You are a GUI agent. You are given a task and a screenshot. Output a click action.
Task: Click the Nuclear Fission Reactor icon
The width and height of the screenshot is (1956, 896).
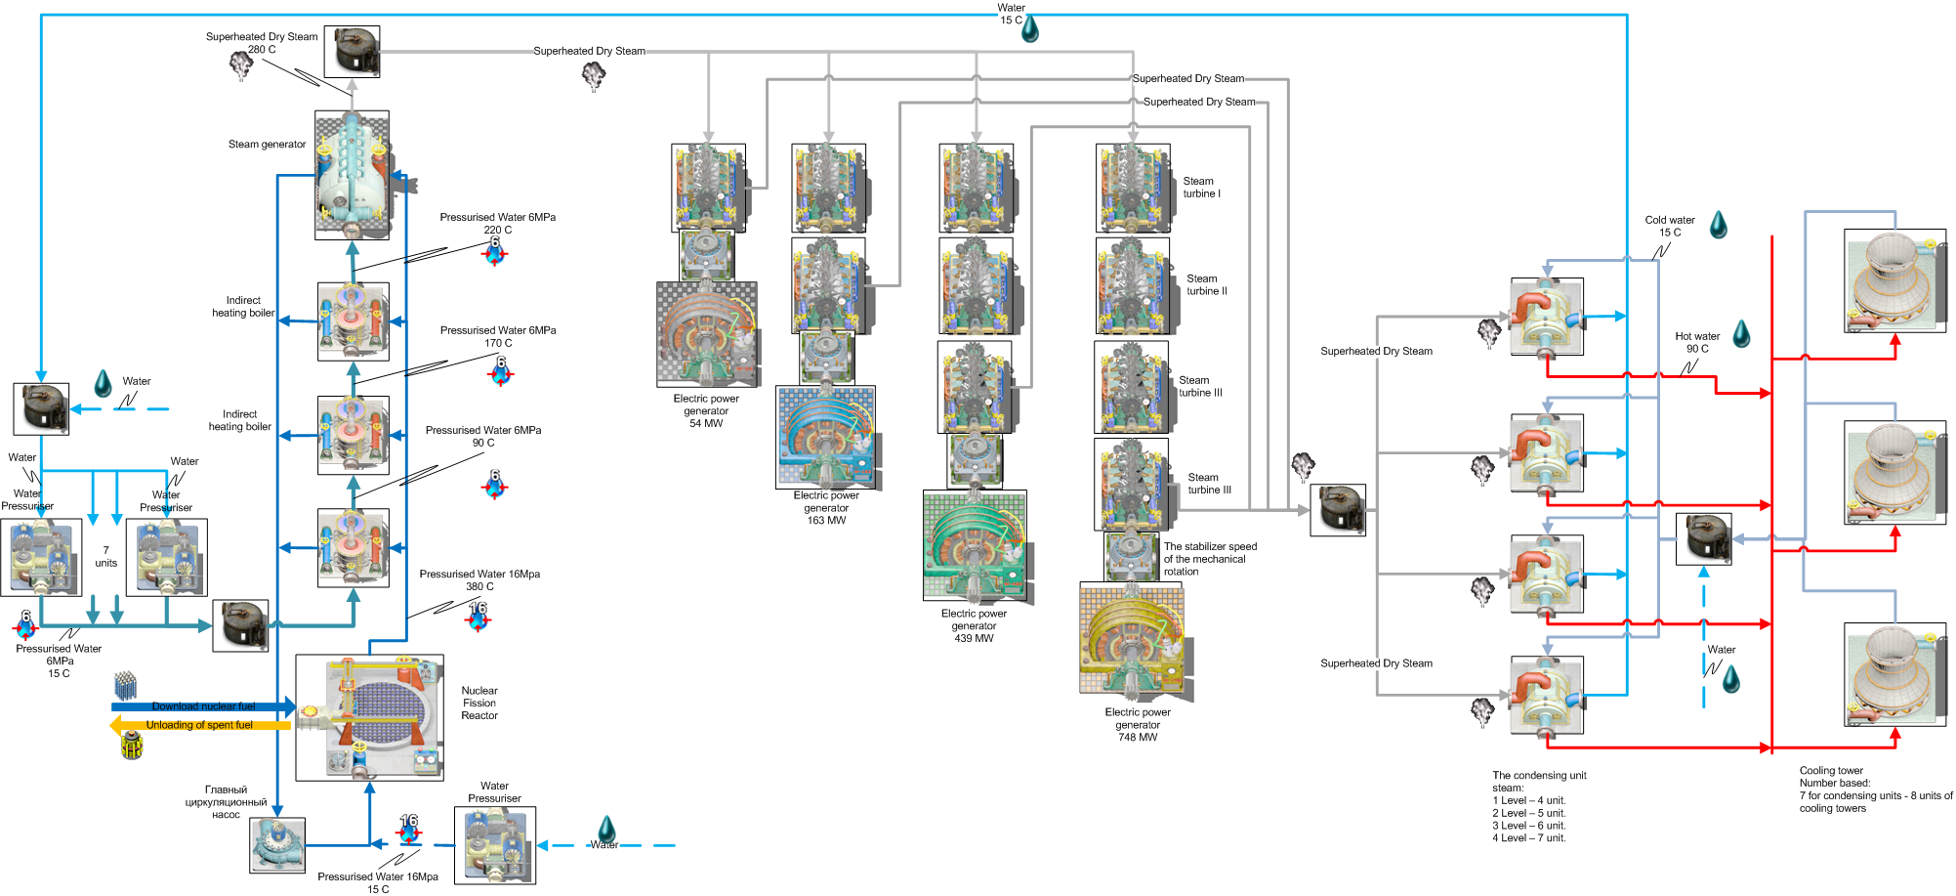(369, 717)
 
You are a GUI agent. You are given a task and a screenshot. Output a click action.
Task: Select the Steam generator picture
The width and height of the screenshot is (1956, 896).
(352, 175)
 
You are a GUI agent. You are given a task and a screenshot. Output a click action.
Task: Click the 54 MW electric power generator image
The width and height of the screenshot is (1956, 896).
(707, 334)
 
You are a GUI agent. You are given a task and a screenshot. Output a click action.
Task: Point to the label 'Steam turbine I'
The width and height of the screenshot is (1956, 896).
(1201, 188)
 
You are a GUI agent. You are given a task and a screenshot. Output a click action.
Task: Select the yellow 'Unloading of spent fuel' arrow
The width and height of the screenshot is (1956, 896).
(199, 725)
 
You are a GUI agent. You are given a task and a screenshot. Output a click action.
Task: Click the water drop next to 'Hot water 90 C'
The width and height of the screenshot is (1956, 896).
(1741, 335)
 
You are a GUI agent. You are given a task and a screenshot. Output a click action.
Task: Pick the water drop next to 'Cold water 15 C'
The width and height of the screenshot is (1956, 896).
(1719, 226)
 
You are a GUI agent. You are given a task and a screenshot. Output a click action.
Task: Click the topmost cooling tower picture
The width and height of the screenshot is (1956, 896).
(1894, 280)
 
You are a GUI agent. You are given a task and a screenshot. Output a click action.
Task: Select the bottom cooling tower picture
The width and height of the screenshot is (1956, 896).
(1894, 674)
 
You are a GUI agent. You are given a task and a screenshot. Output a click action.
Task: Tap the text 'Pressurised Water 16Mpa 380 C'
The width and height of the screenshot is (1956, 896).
(479, 580)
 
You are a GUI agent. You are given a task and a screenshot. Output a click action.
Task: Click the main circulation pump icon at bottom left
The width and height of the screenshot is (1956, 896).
(277, 844)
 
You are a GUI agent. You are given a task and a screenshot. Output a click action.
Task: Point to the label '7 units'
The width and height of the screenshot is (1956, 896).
(105, 557)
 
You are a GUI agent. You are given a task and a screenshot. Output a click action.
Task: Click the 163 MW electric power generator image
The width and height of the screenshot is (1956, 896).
(826, 437)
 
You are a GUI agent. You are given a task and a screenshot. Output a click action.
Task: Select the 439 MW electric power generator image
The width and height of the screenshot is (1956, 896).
(975, 545)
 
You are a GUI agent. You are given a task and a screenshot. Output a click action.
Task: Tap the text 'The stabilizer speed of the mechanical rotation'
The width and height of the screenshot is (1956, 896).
(1209, 559)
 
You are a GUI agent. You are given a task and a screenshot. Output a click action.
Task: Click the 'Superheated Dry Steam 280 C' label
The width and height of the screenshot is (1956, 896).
(262, 43)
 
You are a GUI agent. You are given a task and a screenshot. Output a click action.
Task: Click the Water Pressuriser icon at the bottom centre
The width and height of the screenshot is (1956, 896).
(494, 845)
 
